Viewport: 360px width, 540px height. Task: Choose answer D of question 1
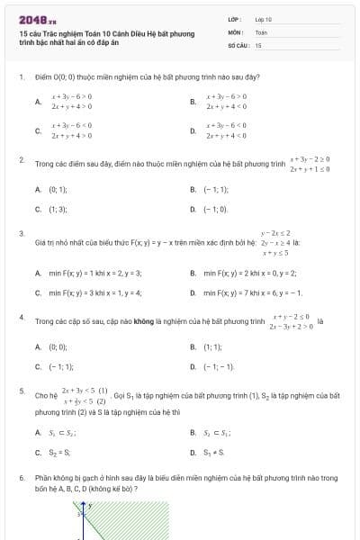pos(226,130)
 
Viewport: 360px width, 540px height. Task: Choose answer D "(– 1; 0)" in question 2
pos(215,209)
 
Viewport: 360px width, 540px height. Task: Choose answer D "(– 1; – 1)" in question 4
pos(218,366)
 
